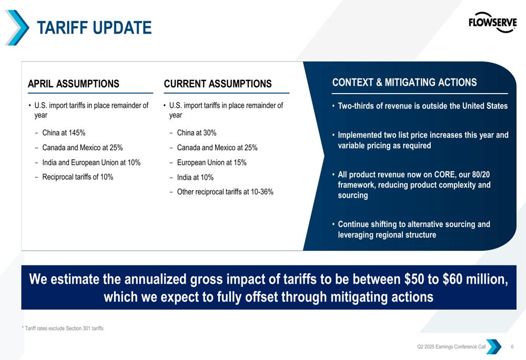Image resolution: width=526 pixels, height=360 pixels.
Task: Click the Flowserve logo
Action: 492,22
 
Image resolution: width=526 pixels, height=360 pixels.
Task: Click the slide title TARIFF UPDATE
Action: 94,27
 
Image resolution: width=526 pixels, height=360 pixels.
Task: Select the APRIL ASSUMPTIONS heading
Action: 73,84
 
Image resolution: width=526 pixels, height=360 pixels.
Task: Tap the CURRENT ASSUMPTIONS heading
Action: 218,84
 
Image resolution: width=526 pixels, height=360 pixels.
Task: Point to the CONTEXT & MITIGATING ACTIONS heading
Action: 404,83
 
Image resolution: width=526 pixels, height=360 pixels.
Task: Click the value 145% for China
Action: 76,132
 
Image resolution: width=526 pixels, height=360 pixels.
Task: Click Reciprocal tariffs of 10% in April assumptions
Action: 77,177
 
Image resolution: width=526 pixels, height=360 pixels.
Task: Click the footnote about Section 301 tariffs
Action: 62,328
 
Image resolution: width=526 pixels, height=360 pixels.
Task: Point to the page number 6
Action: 512,347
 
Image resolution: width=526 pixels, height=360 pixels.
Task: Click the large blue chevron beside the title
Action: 17,27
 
